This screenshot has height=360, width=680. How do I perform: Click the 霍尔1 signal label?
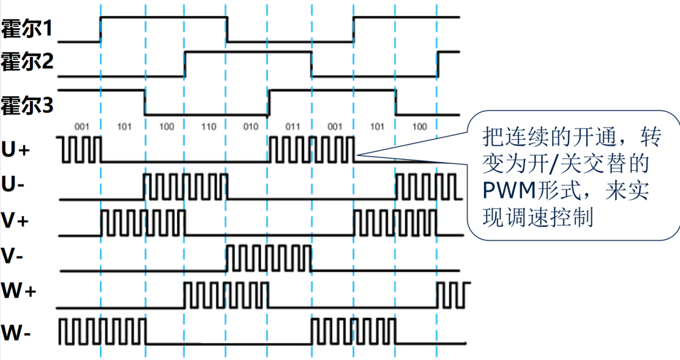click(x=27, y=28)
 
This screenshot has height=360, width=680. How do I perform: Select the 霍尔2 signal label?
click(x=27, y=62)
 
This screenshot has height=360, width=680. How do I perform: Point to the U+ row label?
click(x=15, y=150)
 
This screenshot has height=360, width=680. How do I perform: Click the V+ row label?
click(x=15, y=222)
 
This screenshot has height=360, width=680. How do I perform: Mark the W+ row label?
click(x=18, y=291)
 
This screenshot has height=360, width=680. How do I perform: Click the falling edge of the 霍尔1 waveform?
click(x=227, y=29)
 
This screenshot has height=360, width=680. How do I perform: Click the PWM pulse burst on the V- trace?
click(x=269, y=258)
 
